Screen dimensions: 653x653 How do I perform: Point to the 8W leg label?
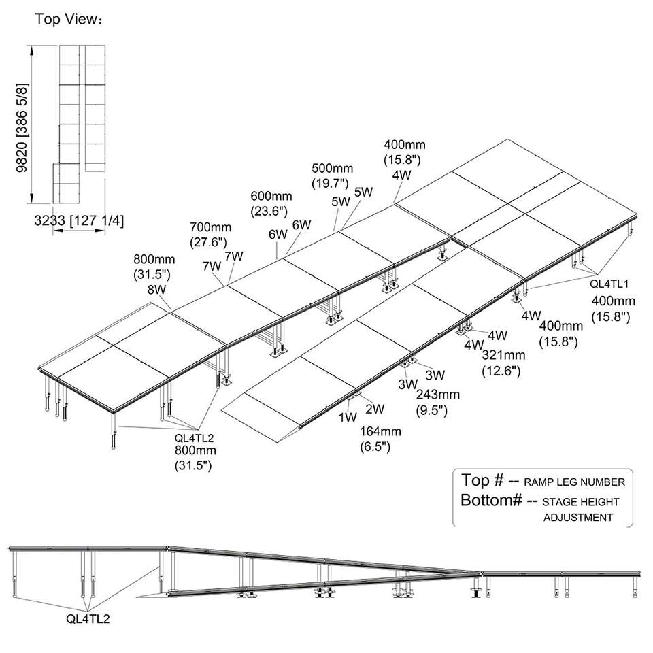pyautogui.click(x=158, y=290)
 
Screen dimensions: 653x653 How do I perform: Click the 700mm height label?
pyautogui.click(x=211, y=227)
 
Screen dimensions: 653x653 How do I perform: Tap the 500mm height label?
pyautogui.click(x=333, y=168)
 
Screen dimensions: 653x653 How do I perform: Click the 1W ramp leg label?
pyautogui.click(x=348, y=416)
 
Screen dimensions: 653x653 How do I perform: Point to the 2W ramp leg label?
pyautogui.click(x=375, y=409)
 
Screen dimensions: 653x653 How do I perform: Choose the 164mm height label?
pyautogui.click(x=380, y=431)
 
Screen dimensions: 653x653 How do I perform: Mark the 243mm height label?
pyautogui.click(x=437, y=395)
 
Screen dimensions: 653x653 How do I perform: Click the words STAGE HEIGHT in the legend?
pyautogui.click(x=581, y=501)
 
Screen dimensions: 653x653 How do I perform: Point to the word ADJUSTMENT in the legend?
pyautogui.click(x=578, y=518)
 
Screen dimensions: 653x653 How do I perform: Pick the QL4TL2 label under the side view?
pyautogui.click(x=88, y=619)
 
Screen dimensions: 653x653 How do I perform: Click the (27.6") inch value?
pyautogui.click(x=209, y=242)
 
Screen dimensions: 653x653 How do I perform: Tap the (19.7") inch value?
pyautogui.click(x=331, y=183)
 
